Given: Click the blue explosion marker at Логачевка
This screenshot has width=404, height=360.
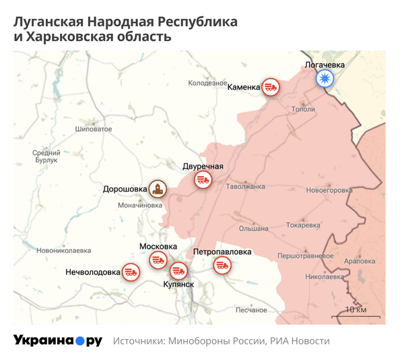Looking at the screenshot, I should coord(325,80).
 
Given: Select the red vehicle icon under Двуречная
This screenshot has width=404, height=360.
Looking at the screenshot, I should coord(203,180).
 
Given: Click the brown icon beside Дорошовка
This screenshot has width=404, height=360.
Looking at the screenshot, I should coord(158,189).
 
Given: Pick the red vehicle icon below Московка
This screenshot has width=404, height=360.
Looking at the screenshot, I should coord(158,260).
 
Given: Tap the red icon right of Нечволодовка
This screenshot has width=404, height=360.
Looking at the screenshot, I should coord(131,272).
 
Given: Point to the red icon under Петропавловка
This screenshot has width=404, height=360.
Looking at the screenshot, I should coord(222,266).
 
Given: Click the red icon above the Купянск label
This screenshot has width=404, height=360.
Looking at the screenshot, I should coord(178,271).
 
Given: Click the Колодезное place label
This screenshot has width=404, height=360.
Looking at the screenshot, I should coord(208,84).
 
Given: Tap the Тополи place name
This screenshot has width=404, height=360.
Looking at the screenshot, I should coord(304,109).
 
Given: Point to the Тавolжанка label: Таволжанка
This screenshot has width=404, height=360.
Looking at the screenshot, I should coord(246,187).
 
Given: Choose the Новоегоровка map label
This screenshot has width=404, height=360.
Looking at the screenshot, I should coord(329,191).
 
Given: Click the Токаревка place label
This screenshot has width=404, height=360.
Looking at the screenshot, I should coord(302,225).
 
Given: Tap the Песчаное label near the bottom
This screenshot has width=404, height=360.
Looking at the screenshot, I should coord(251,310).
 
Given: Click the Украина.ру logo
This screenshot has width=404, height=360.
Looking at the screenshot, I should coord(57,340).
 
